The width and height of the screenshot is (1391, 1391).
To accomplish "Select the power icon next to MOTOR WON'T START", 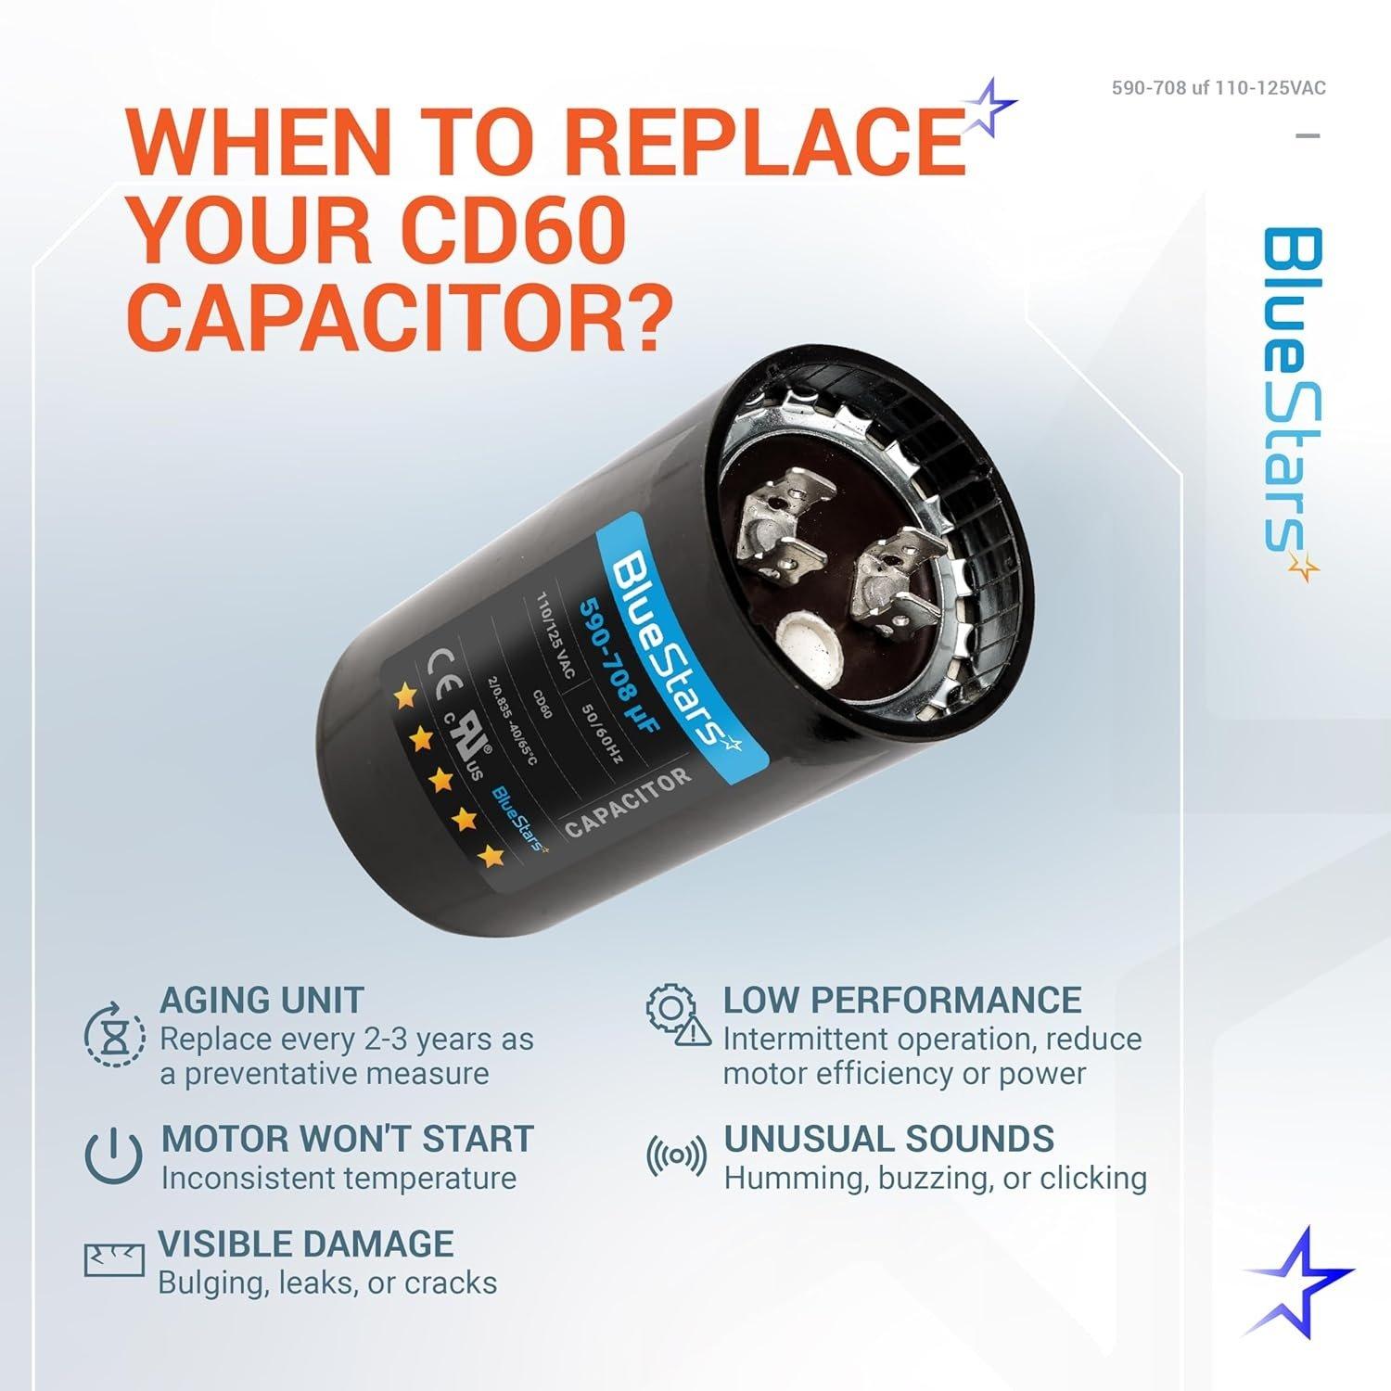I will coord(113,1156).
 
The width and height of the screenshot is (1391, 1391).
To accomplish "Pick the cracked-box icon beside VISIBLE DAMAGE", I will coord(114,1258).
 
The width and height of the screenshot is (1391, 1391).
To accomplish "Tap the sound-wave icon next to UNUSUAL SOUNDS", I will coord(675,1155).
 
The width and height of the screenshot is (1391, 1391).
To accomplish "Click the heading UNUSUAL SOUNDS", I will coord(888,1138).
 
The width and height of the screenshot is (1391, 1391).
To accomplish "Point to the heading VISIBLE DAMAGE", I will coord(306,1244).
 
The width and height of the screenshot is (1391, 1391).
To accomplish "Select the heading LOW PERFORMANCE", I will coord(901,1000).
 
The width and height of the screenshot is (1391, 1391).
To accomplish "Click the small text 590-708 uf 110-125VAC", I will coord(1219,88).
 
